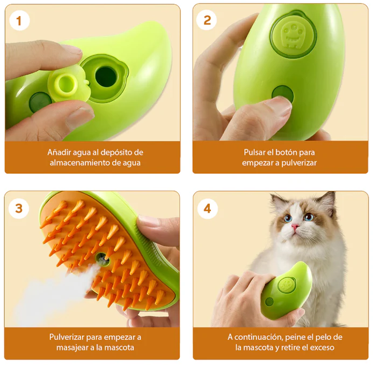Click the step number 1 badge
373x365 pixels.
coord(19,21)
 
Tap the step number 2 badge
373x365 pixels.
coord(207,20)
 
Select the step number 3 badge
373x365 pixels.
coord(19,208)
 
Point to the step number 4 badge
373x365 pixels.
coord(208,208)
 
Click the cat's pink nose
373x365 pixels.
coord(295,226)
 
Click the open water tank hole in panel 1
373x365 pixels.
coord(106,77)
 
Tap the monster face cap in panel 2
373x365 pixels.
coord(294,36)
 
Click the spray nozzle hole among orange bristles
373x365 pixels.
coord(103,258)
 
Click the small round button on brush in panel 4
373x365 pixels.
coord(269,302)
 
